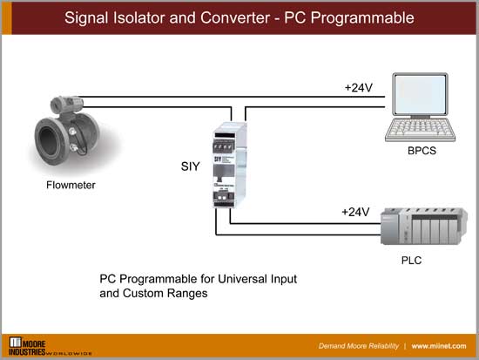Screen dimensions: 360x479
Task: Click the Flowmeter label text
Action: [x=71, y=185]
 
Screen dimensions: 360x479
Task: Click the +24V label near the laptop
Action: [x=359, y=87]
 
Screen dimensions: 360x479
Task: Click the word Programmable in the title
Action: [x=359, y=17]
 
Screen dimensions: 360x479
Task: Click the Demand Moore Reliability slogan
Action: [x=359, y=345]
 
